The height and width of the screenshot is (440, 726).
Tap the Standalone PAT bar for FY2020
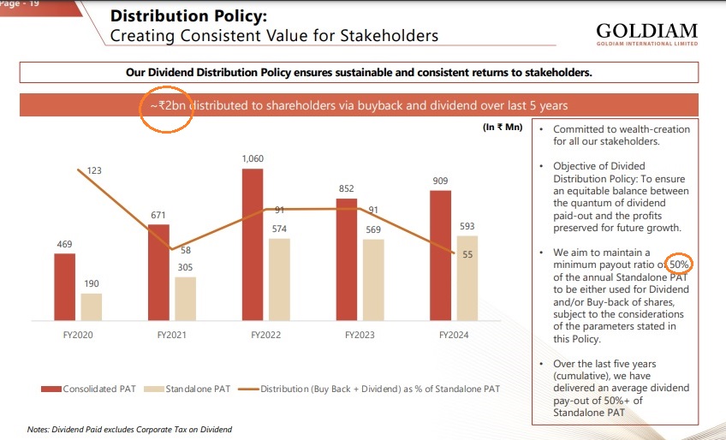(92, 306)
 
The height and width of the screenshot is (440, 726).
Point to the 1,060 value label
(253, 159)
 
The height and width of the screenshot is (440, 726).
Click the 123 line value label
(94, 171)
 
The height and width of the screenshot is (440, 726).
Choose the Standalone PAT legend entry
(190, 389)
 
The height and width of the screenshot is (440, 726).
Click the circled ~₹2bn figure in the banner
(164, 105)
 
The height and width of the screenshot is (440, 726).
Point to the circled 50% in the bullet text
(681, 265)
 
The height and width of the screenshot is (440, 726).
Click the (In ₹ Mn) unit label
(503, 128)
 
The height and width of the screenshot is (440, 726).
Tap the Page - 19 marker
(22, 4)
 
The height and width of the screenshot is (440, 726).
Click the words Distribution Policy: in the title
(183, 16)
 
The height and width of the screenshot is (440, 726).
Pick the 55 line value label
(467, 254)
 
